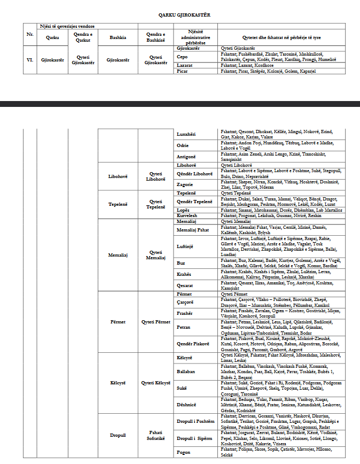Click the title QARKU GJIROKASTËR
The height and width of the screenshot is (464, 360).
[x=180, y=14]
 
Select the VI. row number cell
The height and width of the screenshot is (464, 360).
[x=30, y=59]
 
